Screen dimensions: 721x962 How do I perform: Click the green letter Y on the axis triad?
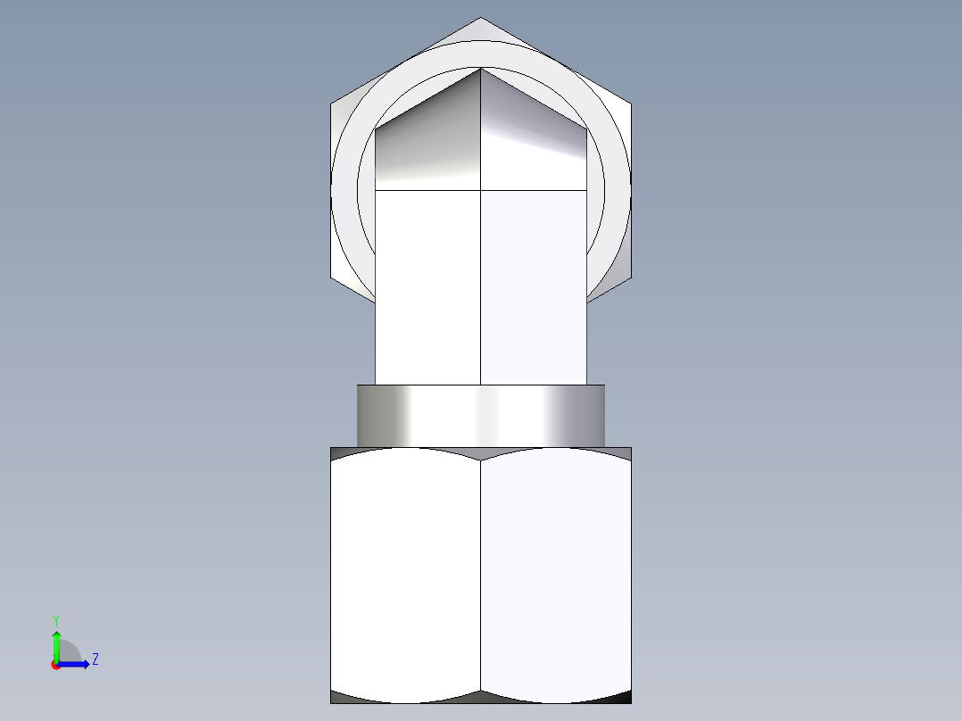click(x=55, y=618)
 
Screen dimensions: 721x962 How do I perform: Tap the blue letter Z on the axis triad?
click(x=95, y=659)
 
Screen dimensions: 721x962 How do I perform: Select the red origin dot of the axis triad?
click(x=55, y=665)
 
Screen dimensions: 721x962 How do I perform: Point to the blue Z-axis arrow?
click(x=76, y=664)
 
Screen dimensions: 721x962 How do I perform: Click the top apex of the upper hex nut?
click(x=481, y=19)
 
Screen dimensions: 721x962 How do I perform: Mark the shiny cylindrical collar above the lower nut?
click(x=480, y=416)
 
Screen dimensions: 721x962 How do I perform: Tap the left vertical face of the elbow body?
click(x=428, y=286)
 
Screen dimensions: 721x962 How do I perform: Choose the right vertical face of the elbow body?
click(x=533, y=286)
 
